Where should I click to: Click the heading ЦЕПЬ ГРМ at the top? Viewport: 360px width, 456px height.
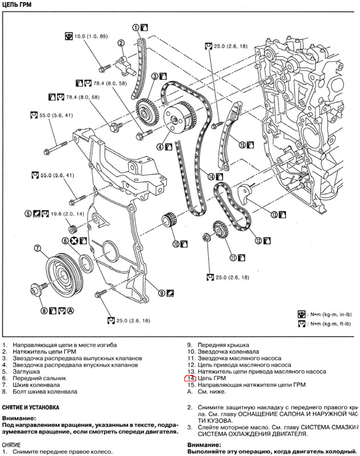17,5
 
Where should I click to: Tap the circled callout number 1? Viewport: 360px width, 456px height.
136,27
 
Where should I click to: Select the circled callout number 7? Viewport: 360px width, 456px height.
38,248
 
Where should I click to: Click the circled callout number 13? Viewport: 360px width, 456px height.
273,215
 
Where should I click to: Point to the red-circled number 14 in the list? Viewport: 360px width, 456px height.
191,378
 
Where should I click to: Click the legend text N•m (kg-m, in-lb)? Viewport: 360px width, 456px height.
328,314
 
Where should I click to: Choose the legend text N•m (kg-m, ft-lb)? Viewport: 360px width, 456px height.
328,324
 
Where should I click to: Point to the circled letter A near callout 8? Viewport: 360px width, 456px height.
70,311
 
